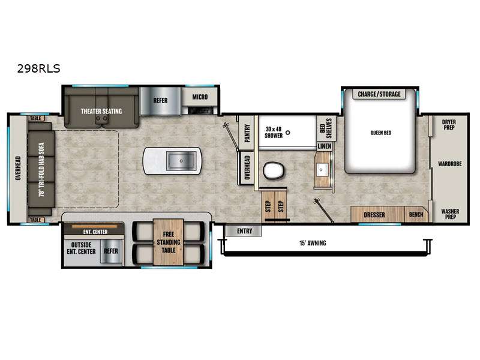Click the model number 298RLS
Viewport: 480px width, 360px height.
click(x=38, y=68)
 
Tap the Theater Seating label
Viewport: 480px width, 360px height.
click(x=101, y=111)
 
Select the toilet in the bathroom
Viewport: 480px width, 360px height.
click(x=274, y=170)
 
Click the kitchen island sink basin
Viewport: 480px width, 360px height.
click(x=181, y=161)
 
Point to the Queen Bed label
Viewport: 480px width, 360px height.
click(x=381, y=133)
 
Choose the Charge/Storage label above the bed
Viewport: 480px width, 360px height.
click(x=379, y=94)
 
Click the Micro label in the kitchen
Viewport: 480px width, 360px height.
click(x=200, y=97)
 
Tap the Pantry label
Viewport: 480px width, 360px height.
click(x=247, y=133)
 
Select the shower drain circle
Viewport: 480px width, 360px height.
click(x=288, y=133)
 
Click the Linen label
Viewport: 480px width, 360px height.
click(x=325, y=146)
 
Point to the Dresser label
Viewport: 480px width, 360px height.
click(x=374, y=215)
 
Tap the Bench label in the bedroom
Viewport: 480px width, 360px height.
click(x=416, y=215)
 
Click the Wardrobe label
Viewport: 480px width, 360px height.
click(x=449, y=164)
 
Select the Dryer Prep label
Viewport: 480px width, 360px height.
click(x=449, y=125)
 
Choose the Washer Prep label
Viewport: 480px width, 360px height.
click(x=450, y=214)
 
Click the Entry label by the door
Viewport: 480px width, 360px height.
click(x=245, y=231)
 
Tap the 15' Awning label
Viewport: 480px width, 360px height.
click(x=313, y=243)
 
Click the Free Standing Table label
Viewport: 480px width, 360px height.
click(x=169, y=242)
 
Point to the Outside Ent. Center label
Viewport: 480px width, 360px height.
click(x=81, y=248)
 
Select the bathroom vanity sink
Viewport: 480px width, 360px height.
click(x=322, y=170)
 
